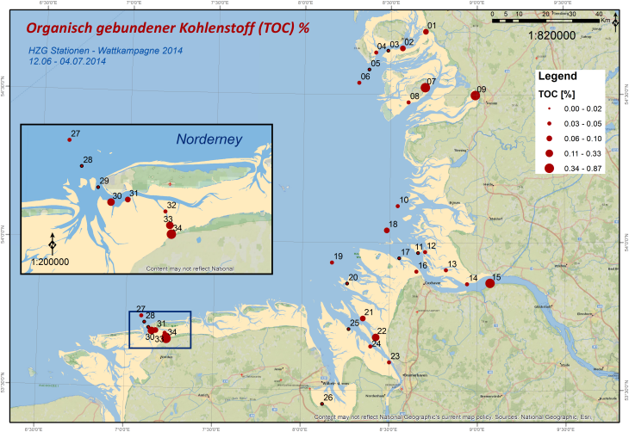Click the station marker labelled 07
pos(425,88)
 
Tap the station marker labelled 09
pos(475,96)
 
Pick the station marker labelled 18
pos(387,230)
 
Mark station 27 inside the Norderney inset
pos(70,139)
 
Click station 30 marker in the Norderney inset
pos(111,201)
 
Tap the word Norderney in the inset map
pos(211,139)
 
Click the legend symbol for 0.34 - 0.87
pos(548,168)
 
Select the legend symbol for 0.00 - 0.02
pos(548,109)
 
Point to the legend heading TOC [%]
pos(556,93)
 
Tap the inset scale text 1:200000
pos(52,261)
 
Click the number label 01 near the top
pos(432,27)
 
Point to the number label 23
pos(395,356)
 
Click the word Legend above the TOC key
pos(557,77)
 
